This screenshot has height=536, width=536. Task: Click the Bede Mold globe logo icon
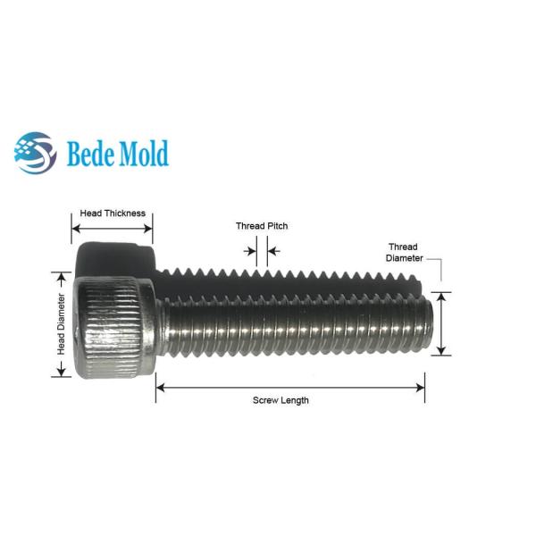[35, 153]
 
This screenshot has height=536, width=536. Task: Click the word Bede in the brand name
[90, 153]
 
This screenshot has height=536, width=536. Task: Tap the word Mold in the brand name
[143, 153]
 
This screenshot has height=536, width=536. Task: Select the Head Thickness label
[113, 214]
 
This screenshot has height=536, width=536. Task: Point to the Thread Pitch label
[262, 226]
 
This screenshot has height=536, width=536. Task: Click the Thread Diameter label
[404, 252]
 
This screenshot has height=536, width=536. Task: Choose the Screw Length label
[281, 400]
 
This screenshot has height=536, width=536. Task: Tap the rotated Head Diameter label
[61, 324]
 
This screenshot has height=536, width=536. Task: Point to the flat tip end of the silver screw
[429, 323]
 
